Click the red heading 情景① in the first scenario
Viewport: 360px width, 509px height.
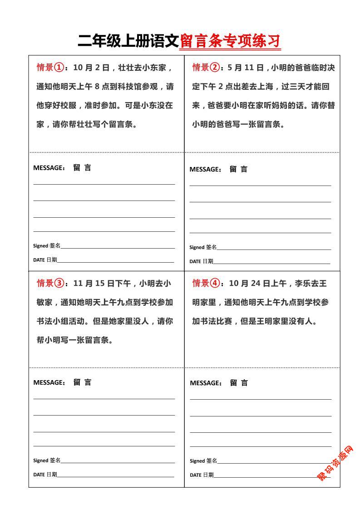[50, 68]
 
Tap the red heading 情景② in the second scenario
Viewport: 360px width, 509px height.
[206, 68]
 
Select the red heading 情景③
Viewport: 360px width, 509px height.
[50, 284]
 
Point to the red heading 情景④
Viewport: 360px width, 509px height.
[206, 284]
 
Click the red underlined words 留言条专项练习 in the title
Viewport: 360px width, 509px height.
[230, 41]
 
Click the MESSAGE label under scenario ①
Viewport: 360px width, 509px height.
[49, 168]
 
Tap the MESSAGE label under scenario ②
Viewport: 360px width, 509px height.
[205, 170]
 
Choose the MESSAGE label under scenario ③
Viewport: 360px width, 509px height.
[49, 382]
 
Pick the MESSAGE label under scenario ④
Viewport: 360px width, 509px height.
[206, 383]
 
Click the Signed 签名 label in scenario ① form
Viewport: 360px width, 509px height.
[47, 246]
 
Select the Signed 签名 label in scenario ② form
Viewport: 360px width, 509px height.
[203, 247]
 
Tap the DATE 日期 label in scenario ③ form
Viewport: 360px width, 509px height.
[45, 475]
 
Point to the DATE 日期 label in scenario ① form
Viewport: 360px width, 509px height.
[45, 260]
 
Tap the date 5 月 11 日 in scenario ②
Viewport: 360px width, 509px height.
[246, 68]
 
